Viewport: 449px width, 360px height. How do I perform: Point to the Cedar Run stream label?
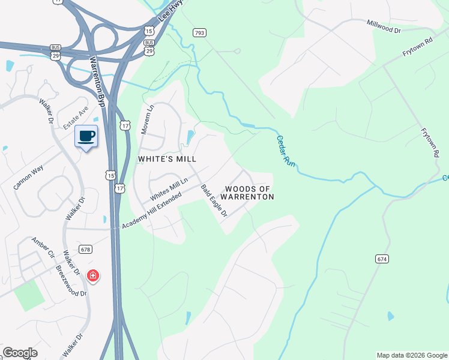click(x=288, y=150)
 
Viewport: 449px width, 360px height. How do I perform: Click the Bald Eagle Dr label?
click(x=214, y=201)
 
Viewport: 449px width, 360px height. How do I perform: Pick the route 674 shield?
click(x=382, y=259)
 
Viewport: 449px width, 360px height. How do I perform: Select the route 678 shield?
click(x=86, y=250)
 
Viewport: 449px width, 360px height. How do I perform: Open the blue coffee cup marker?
click(x=86, y=136)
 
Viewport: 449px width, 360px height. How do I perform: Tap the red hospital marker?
click(x=93, y=276)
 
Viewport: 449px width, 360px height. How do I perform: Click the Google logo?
click(x=20, y=353)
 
